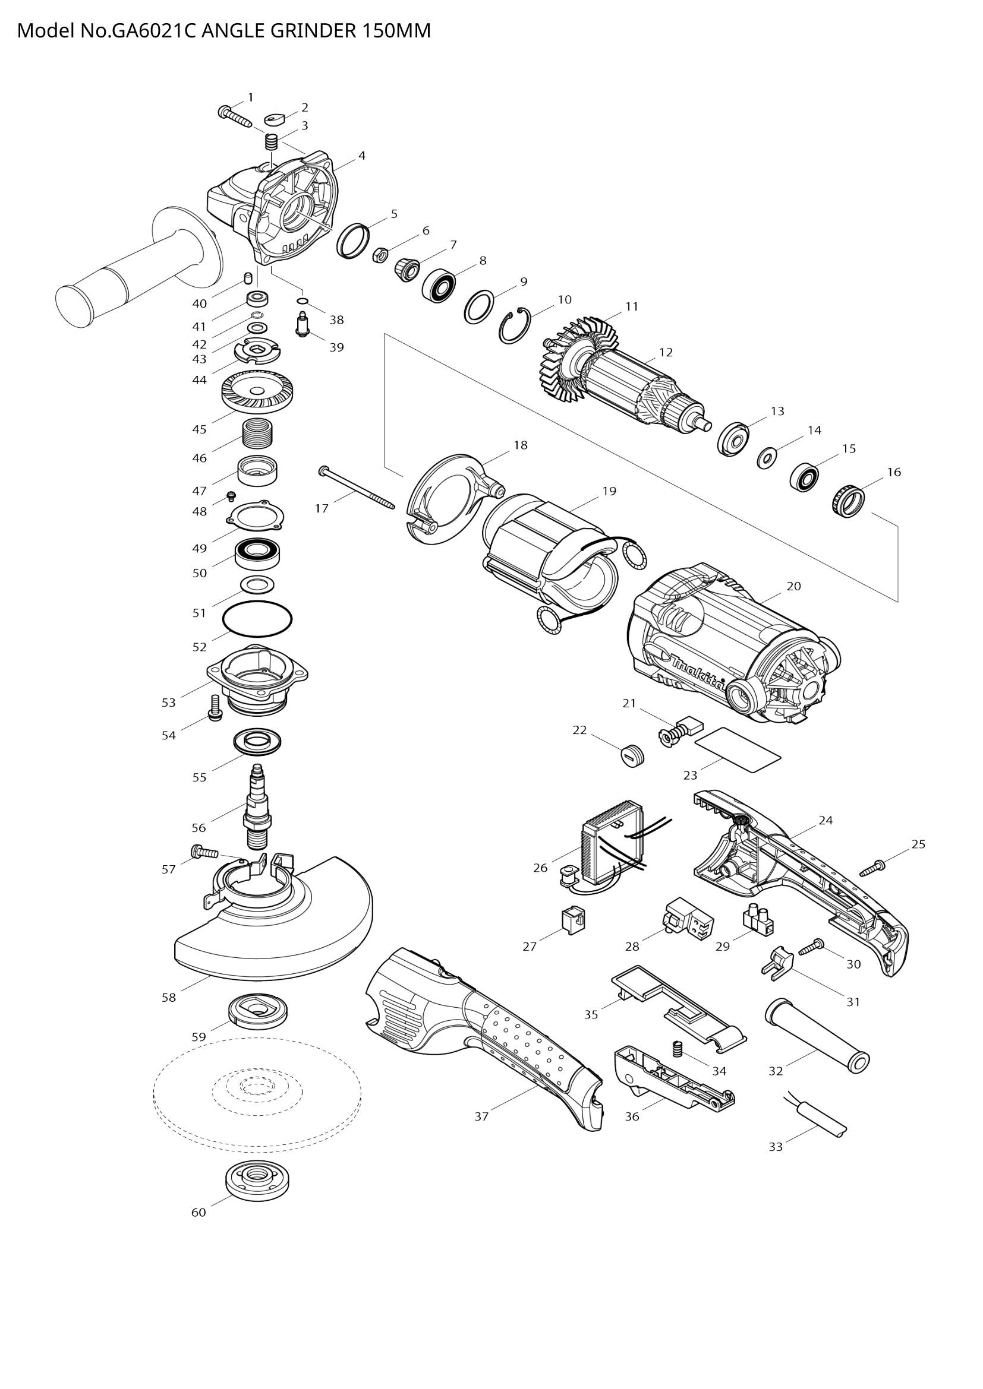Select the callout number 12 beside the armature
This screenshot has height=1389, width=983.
coord(666,352)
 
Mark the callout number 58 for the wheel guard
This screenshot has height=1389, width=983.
coord(168,997)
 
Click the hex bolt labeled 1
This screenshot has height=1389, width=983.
coord(234,116)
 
